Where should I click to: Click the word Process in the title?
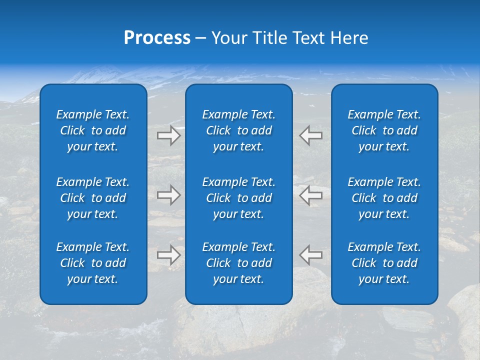tap(157, 38)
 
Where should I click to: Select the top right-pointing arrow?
tap(169, 135)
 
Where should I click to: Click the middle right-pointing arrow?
tap(169, 195)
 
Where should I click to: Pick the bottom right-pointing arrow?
tap(169, 254)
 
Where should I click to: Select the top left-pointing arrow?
tap(311, 135)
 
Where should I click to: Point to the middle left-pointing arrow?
tap(311, 195)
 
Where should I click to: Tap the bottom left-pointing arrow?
tap(311, 254)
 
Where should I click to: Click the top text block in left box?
tap(93, 130)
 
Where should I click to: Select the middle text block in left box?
tap(93, 198)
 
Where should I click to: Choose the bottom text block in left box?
tap(93, 263)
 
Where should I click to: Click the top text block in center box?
tap(238, 130)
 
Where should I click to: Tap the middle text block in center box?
tap(238, 198)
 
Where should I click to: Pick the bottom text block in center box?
tap(238, 263)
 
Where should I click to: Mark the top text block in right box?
tap(384, 130)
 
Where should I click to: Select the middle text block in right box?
tap(384, 198)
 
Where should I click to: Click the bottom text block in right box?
tap(384, 263)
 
